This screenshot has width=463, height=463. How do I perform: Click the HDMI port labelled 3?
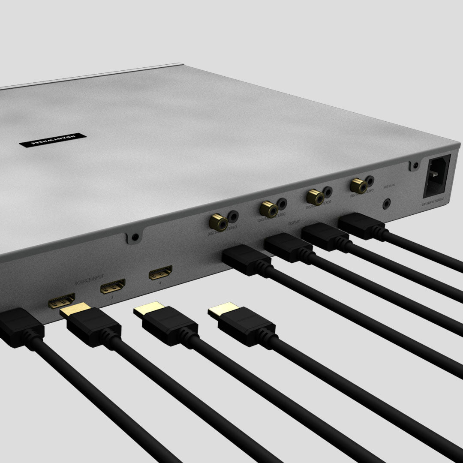click(113, 286)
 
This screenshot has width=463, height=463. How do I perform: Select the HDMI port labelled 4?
click(160, 273)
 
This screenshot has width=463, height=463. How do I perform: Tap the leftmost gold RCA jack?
click(218, 222)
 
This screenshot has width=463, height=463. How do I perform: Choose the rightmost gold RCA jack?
click(358, 186)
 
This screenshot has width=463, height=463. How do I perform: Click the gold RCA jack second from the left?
click(268, 209)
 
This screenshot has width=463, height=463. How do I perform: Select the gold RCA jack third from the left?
click(315, 197)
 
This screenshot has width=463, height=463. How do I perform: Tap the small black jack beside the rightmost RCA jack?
click(369, 181)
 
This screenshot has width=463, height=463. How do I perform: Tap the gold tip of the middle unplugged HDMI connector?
click(149, 309)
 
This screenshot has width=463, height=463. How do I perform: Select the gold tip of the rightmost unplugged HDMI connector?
click(224, 309)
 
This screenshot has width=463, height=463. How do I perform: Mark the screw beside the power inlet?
click(415, 165)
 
